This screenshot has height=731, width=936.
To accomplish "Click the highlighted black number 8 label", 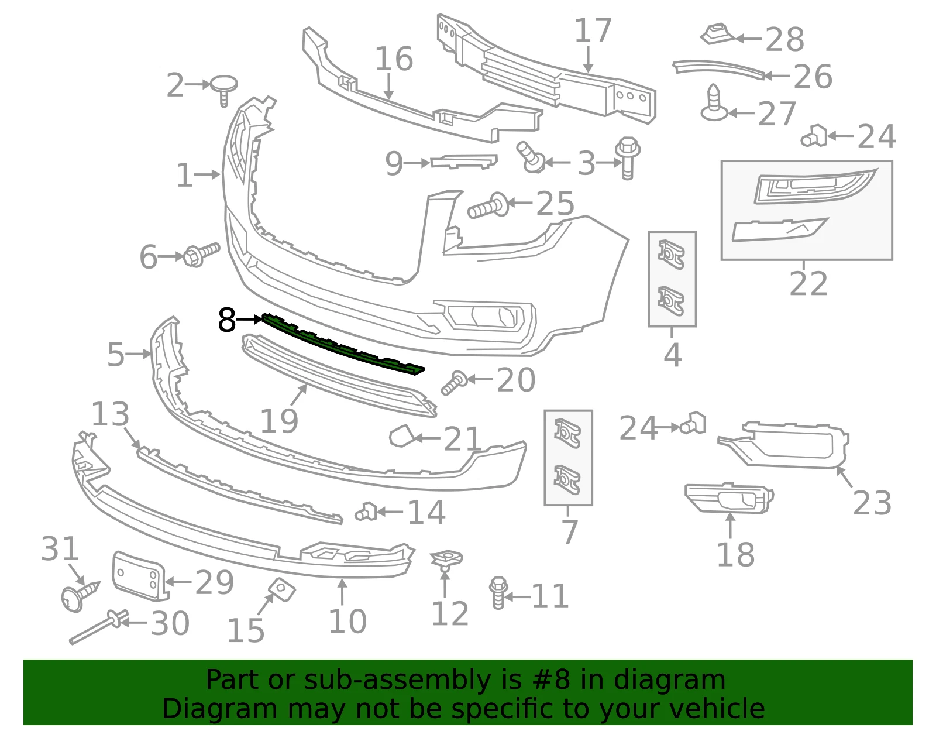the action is (227, 320).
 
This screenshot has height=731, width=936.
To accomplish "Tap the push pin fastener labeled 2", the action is (223, 89).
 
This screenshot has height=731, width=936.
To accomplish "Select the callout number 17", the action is (593, 30).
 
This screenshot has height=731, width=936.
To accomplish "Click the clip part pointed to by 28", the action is (718, 35).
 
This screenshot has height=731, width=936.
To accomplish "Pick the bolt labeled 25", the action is (488, 206).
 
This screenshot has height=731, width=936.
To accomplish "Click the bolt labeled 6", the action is (201, 255).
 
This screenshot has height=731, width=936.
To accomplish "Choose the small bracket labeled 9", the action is (463, 162).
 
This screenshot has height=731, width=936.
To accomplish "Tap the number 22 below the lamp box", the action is (808, 283).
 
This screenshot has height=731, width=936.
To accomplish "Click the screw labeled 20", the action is (454, 383).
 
